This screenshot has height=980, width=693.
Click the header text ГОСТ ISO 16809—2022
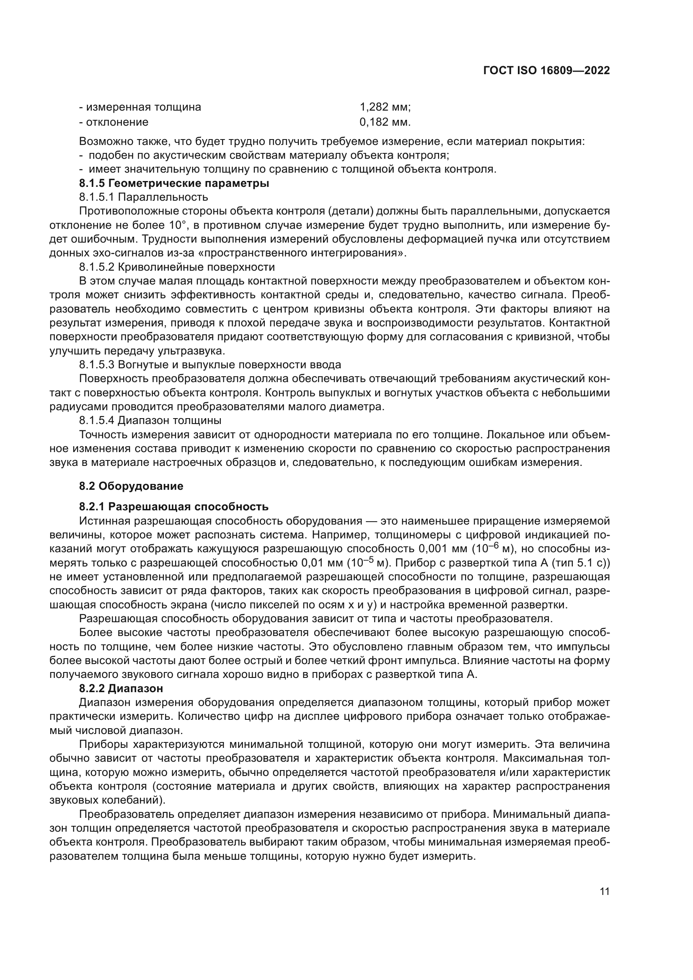[x=546, y=70]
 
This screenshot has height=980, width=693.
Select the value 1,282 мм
[x=385, y=107]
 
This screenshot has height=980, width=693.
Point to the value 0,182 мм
[x=385, y=122]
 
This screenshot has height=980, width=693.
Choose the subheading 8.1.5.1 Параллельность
[x=143, y=197]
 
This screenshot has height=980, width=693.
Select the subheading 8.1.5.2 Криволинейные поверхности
[x=177, y=267]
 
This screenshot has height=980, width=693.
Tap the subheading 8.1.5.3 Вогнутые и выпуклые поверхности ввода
[x=210, y=365]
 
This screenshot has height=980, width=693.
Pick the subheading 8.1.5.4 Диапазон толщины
[x=150, y=420]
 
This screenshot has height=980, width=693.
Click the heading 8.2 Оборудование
[x=131, y=486]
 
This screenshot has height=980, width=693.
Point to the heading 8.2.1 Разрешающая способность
[x=174, y=507]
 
